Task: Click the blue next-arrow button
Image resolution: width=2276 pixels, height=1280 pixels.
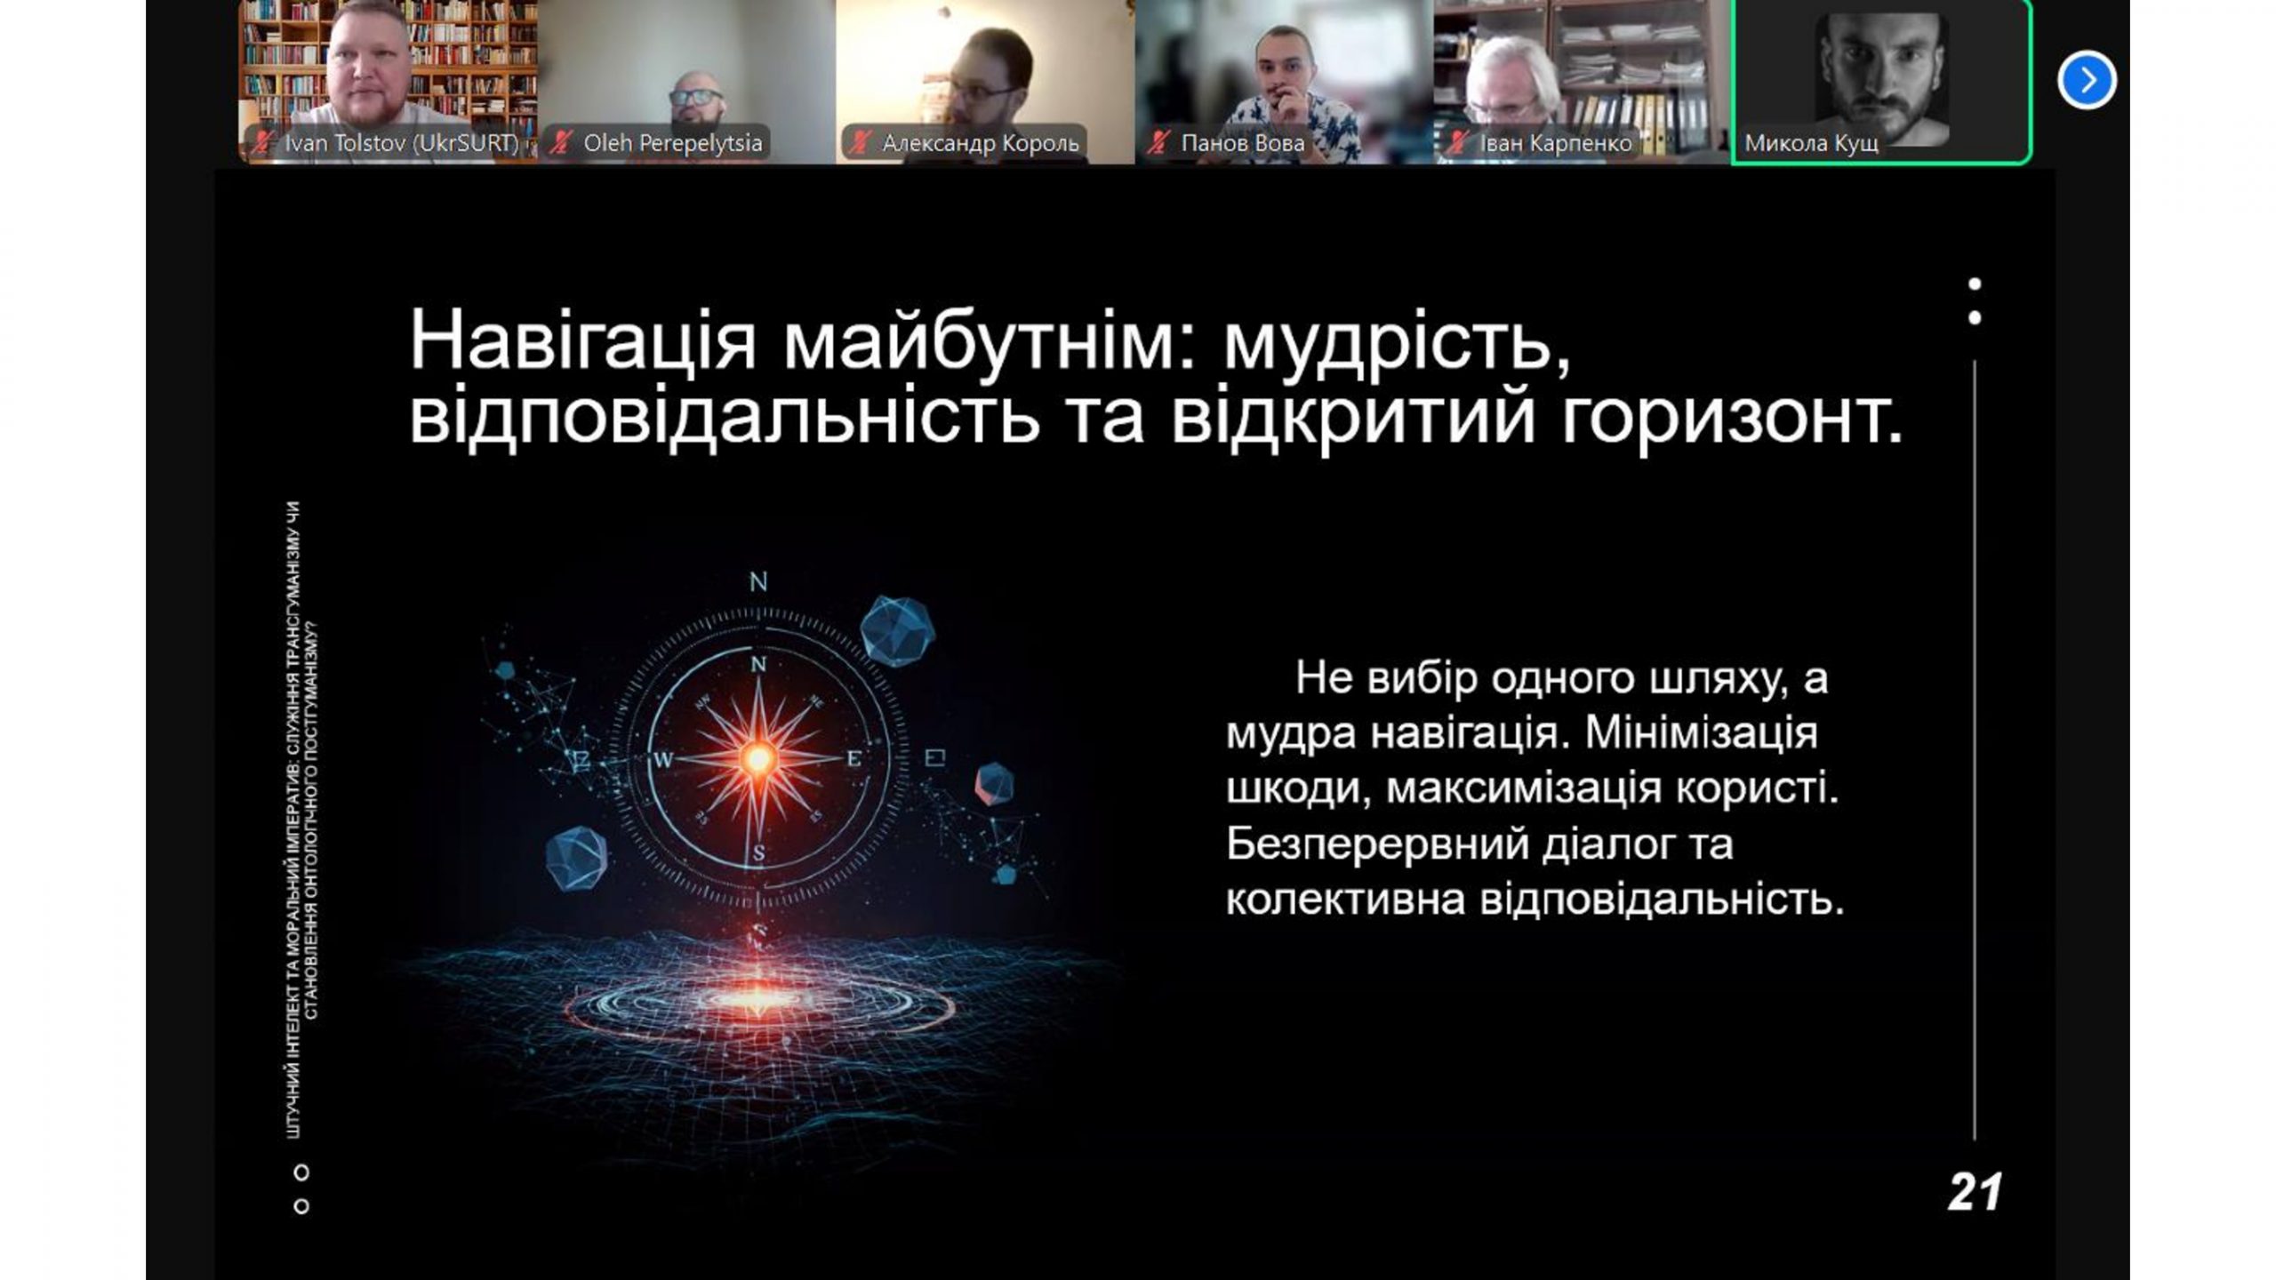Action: click(x=2086, y=81)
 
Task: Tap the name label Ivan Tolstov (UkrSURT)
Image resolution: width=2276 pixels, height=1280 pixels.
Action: click(x=401, y=143)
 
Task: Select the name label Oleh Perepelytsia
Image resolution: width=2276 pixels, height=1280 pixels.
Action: click(x=673, y=143)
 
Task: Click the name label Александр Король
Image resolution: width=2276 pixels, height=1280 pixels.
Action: click(x=981, y=143)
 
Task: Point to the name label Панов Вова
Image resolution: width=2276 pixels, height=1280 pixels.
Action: click(x=1243, y=143)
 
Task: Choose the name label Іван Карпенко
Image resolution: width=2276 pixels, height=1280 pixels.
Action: click(x=1556, y=143)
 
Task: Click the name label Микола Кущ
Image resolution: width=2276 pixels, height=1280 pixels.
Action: click(x=1811, y=143)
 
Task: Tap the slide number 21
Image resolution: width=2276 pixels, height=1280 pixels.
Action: click(x=1975, y=1192)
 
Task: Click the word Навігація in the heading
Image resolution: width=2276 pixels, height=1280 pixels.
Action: click(x=583, y=342)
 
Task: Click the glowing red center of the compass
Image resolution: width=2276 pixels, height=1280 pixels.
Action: click(x=758, y=758)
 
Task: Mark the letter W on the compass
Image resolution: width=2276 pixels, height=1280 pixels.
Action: click(x=663, y=759)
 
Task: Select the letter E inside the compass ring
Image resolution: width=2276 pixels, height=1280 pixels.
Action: click(x=854, y=759)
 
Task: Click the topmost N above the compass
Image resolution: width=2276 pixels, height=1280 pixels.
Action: click(x=758, y=582)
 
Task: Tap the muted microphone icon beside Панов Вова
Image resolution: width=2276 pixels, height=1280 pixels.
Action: click(x=1158, y=142)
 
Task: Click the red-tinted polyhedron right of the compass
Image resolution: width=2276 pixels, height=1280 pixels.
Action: click(x=994, y=783)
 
